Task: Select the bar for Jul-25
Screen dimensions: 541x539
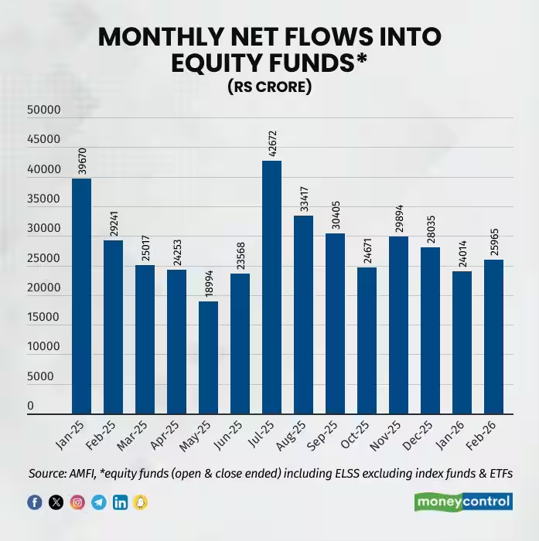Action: point(271,288)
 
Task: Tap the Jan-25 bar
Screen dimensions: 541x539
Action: point(81,296)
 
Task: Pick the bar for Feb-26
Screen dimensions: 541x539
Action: point(493,337)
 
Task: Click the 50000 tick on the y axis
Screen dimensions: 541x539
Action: point(43,111)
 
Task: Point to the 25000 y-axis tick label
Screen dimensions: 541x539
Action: point(43,259)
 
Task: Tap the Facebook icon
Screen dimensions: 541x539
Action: point(35,502)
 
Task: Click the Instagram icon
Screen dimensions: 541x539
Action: point(77,502)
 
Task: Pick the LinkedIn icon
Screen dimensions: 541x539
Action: point(120,502)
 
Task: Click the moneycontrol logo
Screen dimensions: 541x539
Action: point(463,502)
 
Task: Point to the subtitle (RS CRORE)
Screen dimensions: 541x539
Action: point(269,87)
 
